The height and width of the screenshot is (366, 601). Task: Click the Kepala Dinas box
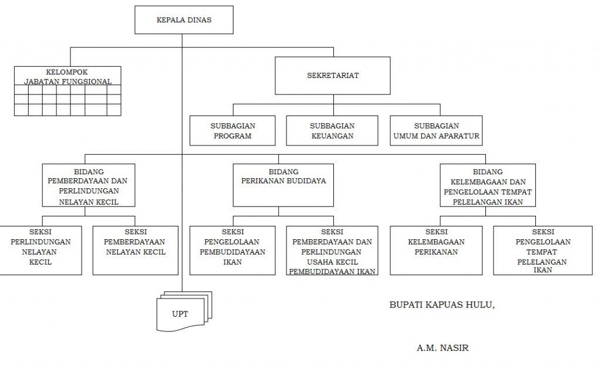pos(184,20)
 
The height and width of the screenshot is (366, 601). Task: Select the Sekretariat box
pos(333,76)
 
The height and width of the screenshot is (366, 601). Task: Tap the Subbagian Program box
pos(232,131)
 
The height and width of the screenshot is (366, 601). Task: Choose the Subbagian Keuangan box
pos(332,131)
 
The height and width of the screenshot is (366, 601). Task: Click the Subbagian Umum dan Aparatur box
pos(436,131)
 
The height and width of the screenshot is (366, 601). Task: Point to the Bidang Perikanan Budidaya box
pos(283,185)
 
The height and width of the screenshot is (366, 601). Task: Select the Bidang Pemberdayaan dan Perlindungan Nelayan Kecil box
pos(89,185)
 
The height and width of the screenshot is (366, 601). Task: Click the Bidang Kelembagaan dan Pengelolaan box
pos(488,185)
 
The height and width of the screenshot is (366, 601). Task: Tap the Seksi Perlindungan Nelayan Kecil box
pos(40,250)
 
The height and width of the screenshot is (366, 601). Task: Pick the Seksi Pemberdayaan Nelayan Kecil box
pos(136,250)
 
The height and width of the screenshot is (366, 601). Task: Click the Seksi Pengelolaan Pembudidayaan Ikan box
pos(232,250)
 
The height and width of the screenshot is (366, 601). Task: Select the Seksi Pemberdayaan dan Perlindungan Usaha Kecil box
pos(332,250)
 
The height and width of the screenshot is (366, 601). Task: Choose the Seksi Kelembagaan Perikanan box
pos(436,250)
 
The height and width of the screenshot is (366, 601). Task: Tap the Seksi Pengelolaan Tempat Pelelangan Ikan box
pos(543,250)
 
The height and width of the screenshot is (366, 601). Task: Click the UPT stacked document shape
pos(184,311)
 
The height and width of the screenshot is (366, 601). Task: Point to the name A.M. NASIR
pos(443,348)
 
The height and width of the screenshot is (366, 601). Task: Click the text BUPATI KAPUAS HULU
pos(442,305)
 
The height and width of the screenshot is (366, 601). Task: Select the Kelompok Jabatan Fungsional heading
pos(67,77)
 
